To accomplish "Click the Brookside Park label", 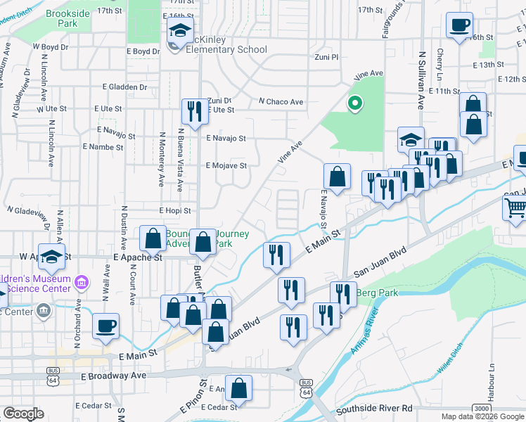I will coord(70,18).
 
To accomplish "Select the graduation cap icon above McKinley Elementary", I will coord(179,31).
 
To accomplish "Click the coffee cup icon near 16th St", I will coord(459,26).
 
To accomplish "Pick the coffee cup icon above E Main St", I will coord(105,326).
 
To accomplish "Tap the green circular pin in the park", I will coord(355,104).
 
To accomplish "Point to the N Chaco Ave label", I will coord(281,102).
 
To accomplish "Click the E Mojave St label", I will coord(226,166).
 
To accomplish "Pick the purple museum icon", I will coord(82,283).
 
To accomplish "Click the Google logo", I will coord(23,414).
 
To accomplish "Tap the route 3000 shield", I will coord(481,408).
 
